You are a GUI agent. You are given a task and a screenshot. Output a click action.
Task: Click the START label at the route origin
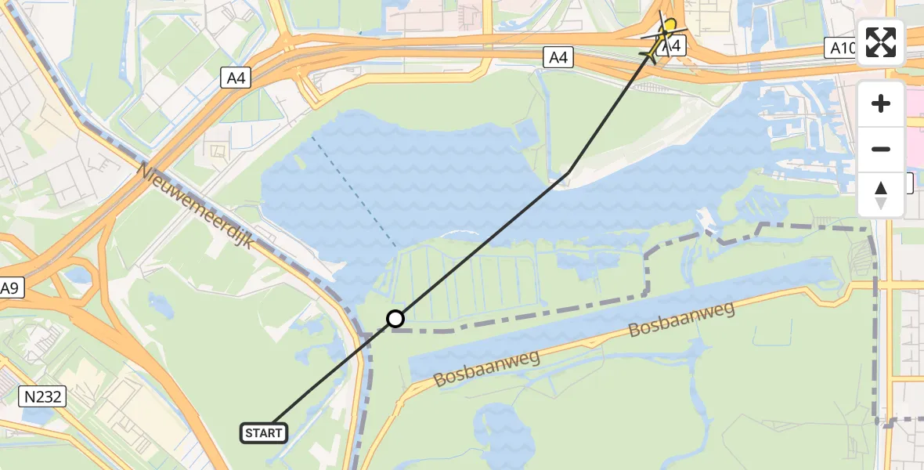pos(265,432)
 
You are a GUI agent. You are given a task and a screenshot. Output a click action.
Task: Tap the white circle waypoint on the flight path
pos(395,319)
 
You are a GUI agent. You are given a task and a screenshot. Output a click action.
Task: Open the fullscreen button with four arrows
pos(881,42)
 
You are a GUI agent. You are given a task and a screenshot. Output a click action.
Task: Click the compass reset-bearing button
pos(881,195)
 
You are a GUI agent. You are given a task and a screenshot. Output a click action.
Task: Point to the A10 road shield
pos(843,49)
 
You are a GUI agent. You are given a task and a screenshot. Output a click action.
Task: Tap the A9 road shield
pos(9,288)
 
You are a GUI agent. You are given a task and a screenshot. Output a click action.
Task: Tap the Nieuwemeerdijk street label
pos(196,206)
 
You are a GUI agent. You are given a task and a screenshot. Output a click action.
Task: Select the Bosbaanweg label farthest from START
pos(681,320)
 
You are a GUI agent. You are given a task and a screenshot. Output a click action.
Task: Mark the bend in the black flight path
pos(567,173)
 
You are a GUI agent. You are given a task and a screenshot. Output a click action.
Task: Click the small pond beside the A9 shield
pos(78,274)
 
